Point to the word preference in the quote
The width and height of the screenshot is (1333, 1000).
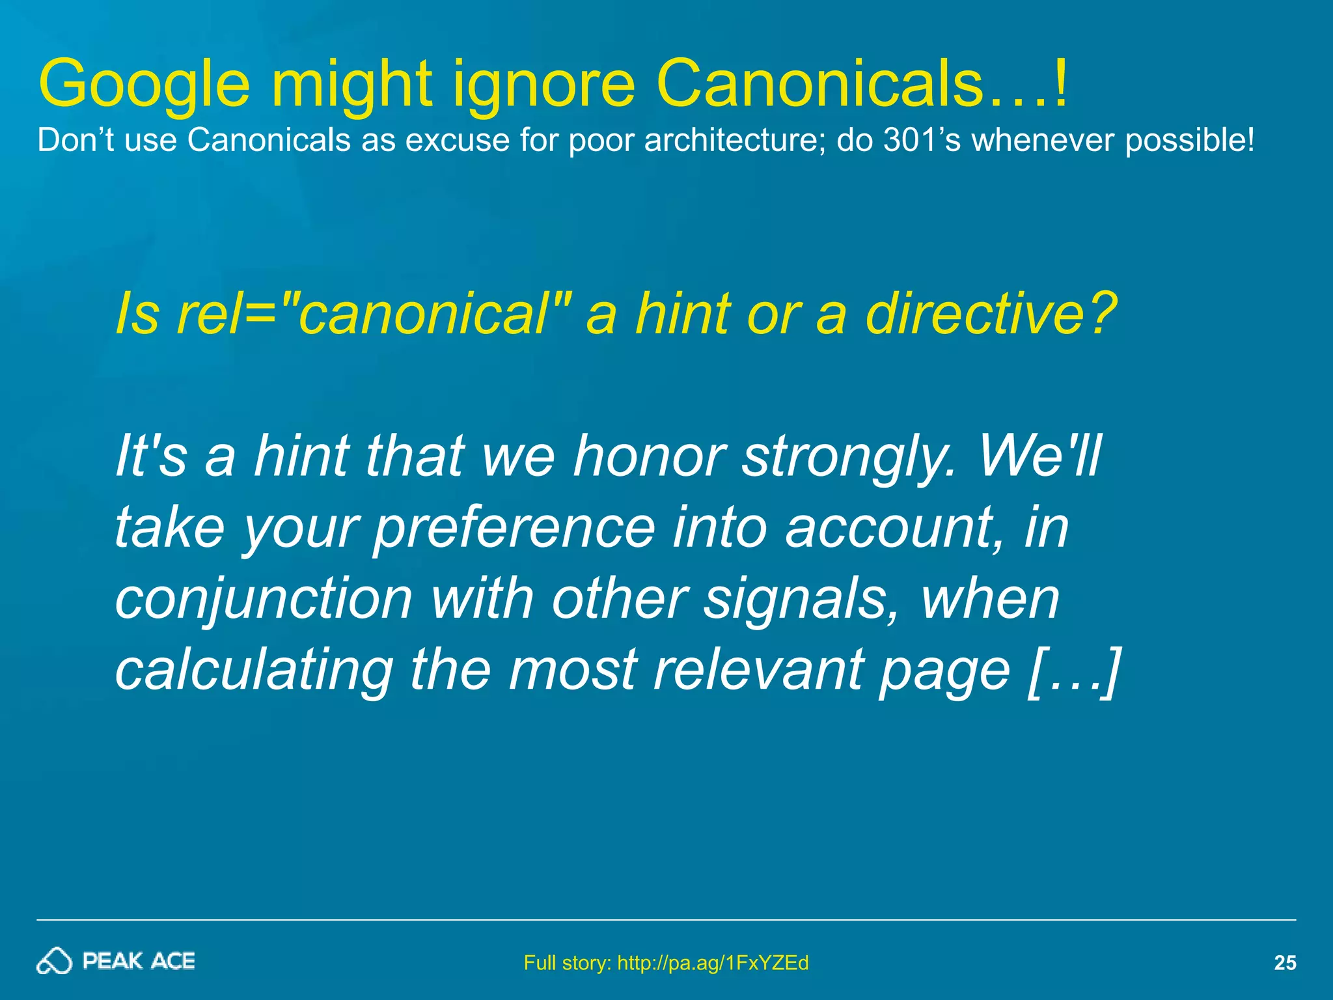pos(514,527)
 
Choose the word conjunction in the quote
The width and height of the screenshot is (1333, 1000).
pos(264,599)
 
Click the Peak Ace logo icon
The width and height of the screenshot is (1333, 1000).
pos(53,961)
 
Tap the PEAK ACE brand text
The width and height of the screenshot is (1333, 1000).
pos(139,961)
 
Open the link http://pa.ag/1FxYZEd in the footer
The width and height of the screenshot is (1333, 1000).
pos(712,963)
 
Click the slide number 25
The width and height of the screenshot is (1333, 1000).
pos(1284,963)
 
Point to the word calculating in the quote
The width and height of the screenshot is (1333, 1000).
pos(254,671)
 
